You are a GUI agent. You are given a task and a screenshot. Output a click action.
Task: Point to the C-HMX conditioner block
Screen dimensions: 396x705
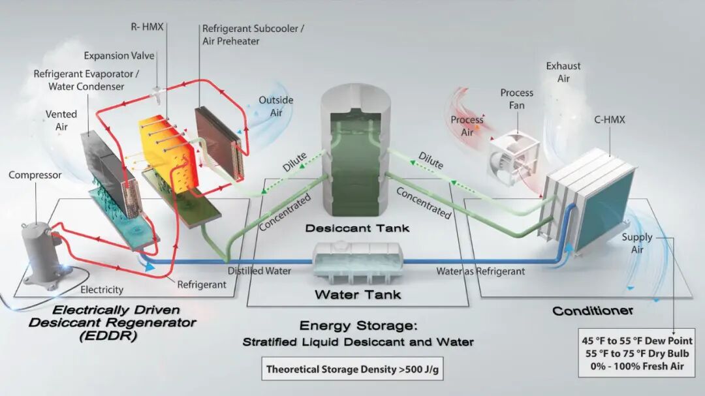click(x=591, y=199)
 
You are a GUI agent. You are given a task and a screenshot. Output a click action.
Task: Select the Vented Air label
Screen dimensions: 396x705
click(x=61, y=120)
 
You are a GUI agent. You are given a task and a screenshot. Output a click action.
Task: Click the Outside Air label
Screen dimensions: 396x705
click(x=275, y=106)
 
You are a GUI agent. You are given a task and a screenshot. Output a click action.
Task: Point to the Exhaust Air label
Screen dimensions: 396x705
click(x=563, y=72)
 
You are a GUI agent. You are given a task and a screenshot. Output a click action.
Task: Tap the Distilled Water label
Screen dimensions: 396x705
click(x=259, y=271)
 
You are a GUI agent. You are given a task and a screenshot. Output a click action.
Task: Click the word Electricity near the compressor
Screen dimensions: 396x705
click(x=101, y=290)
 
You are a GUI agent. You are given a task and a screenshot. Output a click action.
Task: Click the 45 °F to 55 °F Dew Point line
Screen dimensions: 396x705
click(x=637, y=341)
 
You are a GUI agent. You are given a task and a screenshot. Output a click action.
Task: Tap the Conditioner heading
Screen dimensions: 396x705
click(x=592, y=311)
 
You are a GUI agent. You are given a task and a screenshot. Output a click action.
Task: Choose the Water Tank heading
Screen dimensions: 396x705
click(x=357, y=295)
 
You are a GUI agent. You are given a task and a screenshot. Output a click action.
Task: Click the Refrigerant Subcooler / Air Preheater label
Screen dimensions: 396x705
click(x=253, y=35)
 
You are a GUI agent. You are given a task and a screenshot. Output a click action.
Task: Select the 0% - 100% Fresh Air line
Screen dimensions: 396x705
click(x=637, y=367)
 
